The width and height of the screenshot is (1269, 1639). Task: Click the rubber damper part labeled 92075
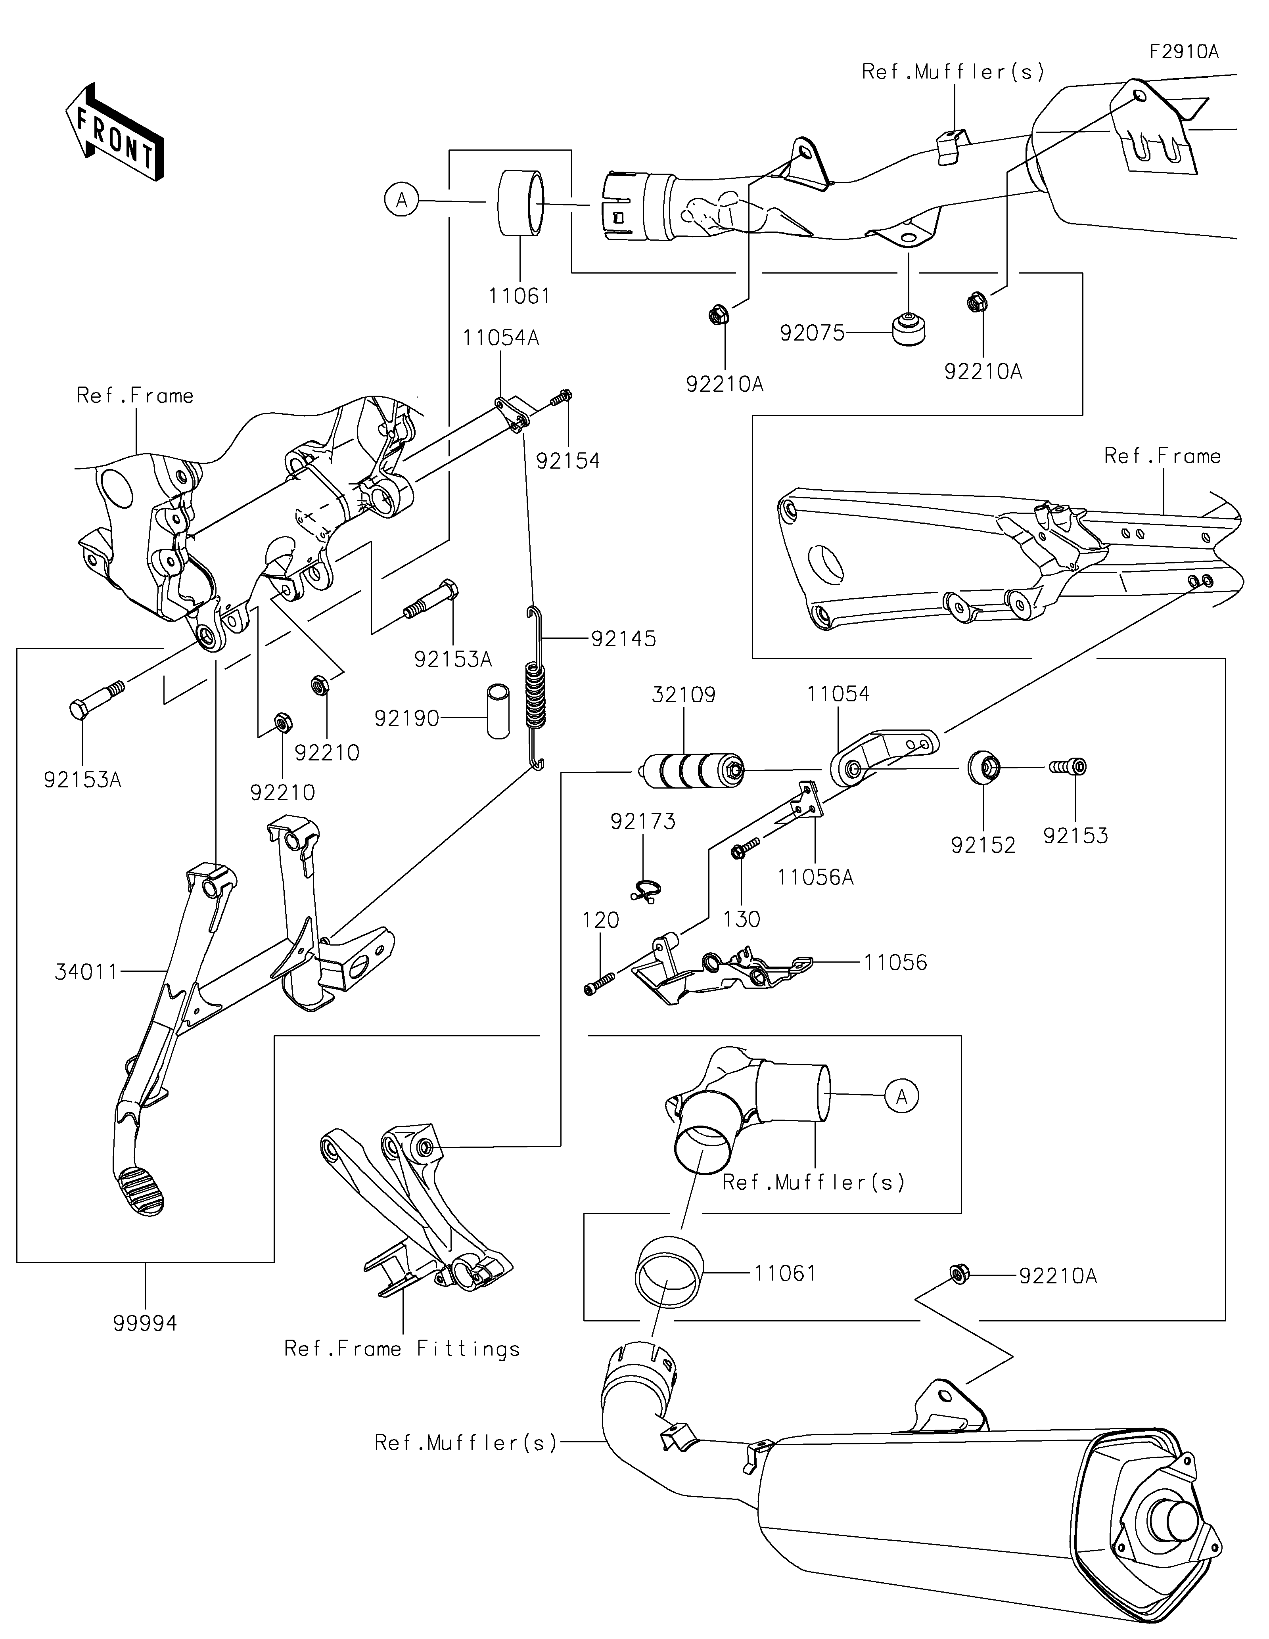point(908,330)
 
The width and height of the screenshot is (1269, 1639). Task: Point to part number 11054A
point(500,338)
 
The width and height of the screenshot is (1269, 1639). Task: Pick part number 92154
point(568,461)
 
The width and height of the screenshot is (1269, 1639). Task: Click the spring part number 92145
point(623,639)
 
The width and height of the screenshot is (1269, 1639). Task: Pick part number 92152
point(982,845)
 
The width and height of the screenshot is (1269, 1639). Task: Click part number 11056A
point(815,877)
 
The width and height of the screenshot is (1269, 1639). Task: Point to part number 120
point(600,920)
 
